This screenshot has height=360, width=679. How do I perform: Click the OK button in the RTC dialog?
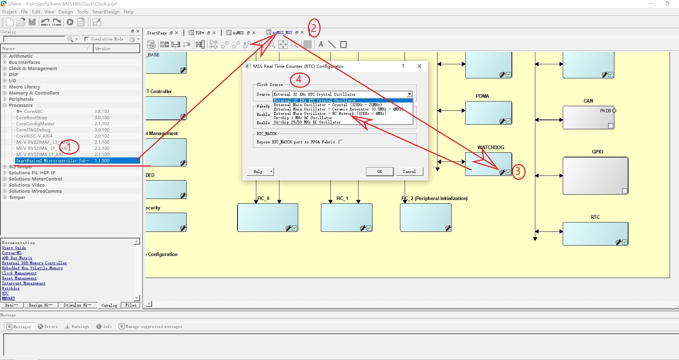pos(379,172)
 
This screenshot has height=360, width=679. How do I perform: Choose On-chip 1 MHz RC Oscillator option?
pos(303,118)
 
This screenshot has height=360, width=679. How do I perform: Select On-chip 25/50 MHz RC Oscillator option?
pos(307,122)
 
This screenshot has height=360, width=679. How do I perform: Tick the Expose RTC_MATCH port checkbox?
pos(341,142)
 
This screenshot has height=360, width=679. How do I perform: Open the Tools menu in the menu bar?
pos(82,12)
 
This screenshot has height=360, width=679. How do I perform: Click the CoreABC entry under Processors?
pos(33,112)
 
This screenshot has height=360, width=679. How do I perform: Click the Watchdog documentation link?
pos(11,288)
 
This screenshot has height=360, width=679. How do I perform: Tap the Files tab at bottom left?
pos(131,305)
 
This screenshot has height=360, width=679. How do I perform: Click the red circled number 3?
pos(518,171)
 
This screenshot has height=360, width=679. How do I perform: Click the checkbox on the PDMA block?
pos(508,121)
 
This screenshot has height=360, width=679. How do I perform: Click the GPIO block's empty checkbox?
pos(624,191)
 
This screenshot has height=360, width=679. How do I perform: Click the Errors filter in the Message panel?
pos(48,326)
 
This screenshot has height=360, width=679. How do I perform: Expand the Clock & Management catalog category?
pos(5,69)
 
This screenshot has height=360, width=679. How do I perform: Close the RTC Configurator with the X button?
pos(419,66)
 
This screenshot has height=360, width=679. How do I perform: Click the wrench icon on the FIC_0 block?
pos(288,228)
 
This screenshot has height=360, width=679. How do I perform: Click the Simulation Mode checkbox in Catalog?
pos(87,39)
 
